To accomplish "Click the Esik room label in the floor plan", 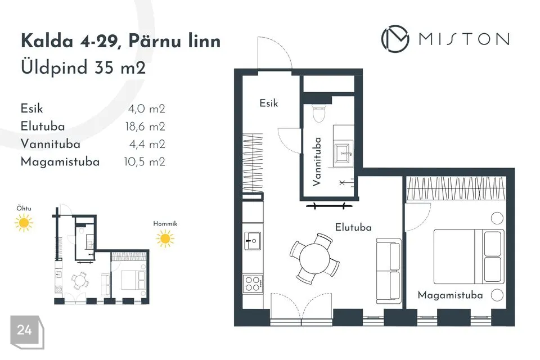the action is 269,103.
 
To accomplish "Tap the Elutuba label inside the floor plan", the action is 353,227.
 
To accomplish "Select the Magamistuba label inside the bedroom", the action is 450,295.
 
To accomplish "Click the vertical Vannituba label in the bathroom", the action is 317,162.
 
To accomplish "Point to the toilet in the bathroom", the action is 319,112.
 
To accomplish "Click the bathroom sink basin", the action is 344,152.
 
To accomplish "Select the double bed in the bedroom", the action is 469,256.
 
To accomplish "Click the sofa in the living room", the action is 389,271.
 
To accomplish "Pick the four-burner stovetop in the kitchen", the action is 253,284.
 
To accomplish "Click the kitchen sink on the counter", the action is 253,240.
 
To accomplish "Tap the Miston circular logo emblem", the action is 395,39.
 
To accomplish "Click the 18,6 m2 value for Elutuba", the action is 145,127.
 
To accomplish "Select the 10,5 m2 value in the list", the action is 145,162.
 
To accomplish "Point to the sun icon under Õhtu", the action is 24,223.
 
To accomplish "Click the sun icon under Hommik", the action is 165,238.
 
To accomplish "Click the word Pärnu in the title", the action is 154,41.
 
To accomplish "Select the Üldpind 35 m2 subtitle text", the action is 83,67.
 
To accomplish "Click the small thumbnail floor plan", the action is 101,255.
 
